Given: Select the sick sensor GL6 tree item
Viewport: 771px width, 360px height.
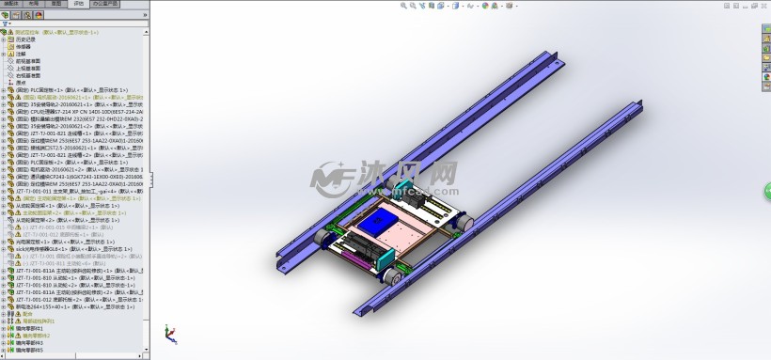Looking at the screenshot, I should point(56,247).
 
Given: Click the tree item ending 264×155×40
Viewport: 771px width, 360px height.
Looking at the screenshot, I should point(52,305).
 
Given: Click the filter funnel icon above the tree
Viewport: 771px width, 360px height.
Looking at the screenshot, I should point(6,23).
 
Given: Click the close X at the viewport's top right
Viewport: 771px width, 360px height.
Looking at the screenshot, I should point(763,5).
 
